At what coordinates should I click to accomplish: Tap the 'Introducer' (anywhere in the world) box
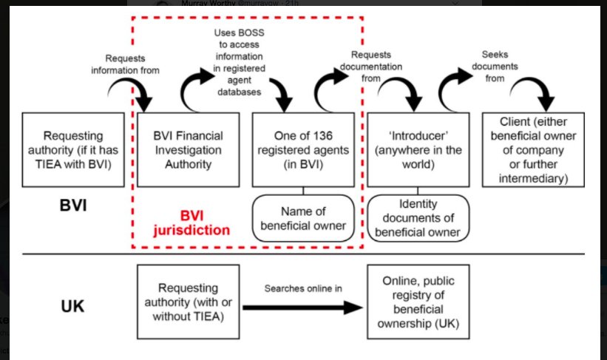pyautogui.click(x=415, y=149)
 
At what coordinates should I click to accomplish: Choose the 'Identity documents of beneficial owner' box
pyautogui.click(x=418, y=217)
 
